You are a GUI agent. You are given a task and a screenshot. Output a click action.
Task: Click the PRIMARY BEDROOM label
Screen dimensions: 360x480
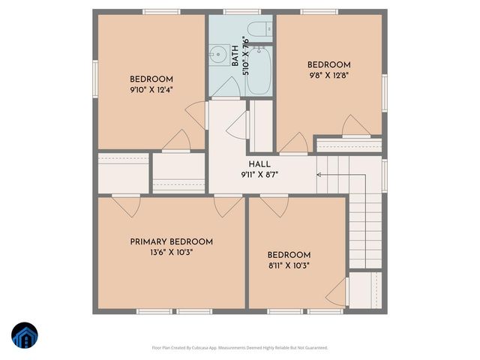[171, 241]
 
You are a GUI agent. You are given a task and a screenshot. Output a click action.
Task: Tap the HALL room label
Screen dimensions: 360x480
[260, 164]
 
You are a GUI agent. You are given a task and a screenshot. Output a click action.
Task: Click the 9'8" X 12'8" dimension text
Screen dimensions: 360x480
[328, 75]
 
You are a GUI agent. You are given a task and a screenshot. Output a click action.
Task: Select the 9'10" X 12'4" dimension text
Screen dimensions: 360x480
[151, 90]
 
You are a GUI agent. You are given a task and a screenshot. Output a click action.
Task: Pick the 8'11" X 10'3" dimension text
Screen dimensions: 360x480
[289, 265]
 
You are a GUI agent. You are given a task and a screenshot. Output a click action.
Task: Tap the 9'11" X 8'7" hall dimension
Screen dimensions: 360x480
[260, 174]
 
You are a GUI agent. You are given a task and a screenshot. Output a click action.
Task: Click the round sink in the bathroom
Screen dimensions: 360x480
[219, 54]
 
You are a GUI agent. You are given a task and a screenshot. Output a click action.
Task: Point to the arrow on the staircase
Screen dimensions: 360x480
[321, 174]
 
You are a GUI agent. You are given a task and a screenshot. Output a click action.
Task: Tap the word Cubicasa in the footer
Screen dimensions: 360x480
[200, 348]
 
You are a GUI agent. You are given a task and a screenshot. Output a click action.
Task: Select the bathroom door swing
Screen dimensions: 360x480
[225, 88]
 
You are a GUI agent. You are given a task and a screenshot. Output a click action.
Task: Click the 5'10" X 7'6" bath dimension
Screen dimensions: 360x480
[244, 54]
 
